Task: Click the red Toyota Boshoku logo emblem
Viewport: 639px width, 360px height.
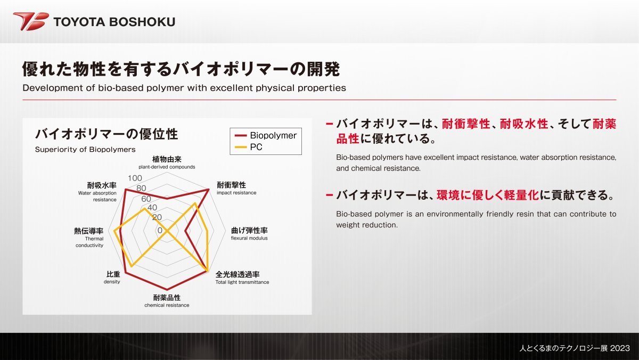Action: click(31, 21)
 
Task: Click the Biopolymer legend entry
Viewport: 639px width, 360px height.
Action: click(266, 135)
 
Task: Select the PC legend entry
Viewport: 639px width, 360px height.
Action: click(248, 147)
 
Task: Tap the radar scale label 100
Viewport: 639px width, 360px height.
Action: click(135, 178)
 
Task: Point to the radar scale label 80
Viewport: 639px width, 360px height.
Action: click(141, 188)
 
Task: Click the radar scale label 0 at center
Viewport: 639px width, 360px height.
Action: click(160, 230)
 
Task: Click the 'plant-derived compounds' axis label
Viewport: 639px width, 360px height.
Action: click(167, 167)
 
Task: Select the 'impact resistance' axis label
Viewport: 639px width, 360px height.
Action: click(236, 193)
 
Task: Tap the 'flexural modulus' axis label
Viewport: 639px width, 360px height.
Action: click(249, 238)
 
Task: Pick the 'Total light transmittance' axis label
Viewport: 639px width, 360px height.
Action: click(242, 282)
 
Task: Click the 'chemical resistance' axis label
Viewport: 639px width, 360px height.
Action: click(167, 305)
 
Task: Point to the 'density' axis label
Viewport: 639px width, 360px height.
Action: click(112, 282)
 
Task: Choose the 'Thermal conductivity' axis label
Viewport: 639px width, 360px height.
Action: click(89, 242)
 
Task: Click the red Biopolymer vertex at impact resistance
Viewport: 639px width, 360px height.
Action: click(209, 190)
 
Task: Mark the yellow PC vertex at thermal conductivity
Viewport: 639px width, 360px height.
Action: click(114, 231)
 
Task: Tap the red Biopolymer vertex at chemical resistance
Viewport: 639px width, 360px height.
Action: click(167, 289)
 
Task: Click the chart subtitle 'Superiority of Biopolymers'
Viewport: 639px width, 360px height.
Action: click(85, 150)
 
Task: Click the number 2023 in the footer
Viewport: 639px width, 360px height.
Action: click(620, 348)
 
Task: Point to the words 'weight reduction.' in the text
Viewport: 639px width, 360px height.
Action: click(367, 225)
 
